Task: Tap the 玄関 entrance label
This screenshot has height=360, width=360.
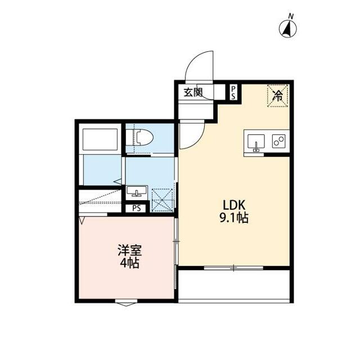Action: (x=193, y=92)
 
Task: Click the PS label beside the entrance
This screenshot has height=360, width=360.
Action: (x=233, y=92)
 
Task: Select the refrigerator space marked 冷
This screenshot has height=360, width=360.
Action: (x=277, y=96)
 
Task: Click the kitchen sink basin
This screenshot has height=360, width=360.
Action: (x=256, y=142)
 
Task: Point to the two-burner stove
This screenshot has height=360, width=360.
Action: (x=279, y=141)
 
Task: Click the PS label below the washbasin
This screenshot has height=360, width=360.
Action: (x=136, y=209)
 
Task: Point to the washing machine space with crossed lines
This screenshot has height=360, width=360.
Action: (x=163, y=200)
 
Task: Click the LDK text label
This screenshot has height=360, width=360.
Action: (x=235, y=205)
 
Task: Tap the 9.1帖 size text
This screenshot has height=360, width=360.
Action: (x=234, y=218)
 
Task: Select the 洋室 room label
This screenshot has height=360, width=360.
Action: (x=130, y=250)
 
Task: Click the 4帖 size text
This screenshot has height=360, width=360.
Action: (x=130, y=264)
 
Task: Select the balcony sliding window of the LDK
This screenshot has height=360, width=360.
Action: (x=233, y=268)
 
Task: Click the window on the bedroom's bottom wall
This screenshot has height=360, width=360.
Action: (x=126, y=303)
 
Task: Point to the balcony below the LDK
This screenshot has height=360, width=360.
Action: (x=234, y=285)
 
